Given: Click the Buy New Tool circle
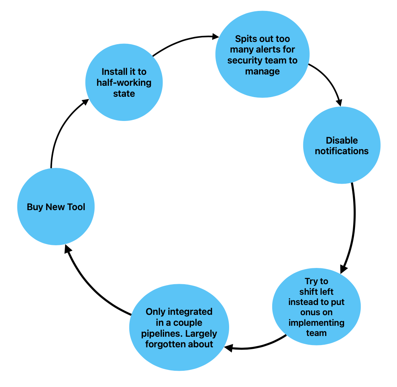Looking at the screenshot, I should pos(56,207).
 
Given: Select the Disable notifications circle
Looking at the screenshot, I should pos(342,146).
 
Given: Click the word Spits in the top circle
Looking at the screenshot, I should pos(246,39).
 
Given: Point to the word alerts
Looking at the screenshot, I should pos(267,50).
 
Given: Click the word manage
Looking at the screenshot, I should pos(262,71).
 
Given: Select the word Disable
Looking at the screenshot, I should pos(342,141).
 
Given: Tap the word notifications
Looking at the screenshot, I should pos(342,151).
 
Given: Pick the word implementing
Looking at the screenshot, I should pos(316,323).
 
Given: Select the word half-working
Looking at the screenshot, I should pos(124,82).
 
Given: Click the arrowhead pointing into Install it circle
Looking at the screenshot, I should pos(85,102).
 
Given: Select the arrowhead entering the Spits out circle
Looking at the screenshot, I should pos(216,37).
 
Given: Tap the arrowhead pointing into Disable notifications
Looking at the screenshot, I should pos(339,102).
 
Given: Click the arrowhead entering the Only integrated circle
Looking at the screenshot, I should pos(228,347).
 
